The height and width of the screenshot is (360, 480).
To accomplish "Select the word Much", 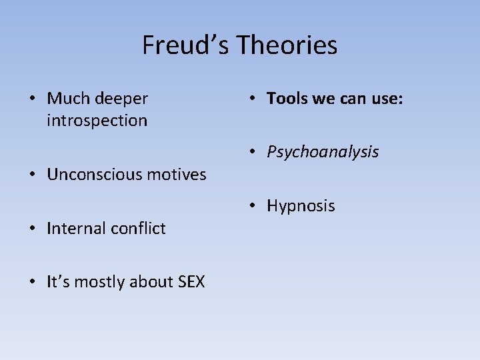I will click(x=69, y=99).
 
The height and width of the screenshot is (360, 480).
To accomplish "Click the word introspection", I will click(x=97, y=121).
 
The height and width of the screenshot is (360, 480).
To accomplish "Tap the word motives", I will click(x=177, y=175).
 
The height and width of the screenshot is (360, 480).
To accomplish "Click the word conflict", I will click(x=137, y=229).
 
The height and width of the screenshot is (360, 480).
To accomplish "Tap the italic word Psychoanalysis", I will click(x=323, y=153).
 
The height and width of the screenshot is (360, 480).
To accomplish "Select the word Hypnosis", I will click(x=301, y=206).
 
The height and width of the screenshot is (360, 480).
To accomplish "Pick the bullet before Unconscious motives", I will click(x=33, y=174).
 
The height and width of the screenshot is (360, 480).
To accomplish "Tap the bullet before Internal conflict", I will click(x=33, y=228).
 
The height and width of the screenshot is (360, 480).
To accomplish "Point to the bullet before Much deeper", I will click(x=33, y=99).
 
